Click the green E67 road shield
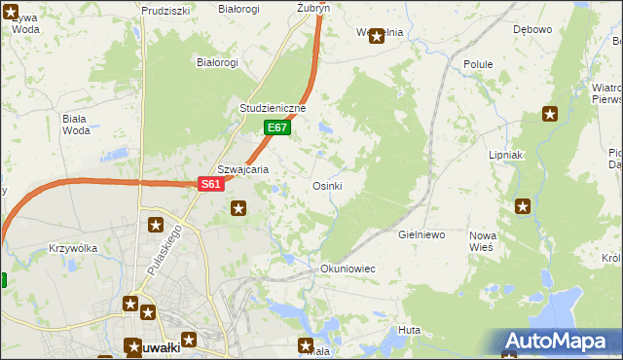click(x=277, y=127)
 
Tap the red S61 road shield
click(x=212, y=183)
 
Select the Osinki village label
click(x=327, y=186)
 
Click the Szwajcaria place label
click(x=242, y=168)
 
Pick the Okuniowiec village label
click(x=348, y=268)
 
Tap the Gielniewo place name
click(x=421, y=235)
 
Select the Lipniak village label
click(x=506, y=155)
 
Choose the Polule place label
click(x=478, y=64)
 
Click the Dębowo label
click(x=532, y=29)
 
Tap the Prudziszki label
click(x=165, y=10)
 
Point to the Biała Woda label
click(x=75, y=124)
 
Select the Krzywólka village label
click(x=73, y=248)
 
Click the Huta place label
click(x=409, y=331)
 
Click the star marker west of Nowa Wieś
click(x=523, y=205)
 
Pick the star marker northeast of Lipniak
click(x=550, y=114)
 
